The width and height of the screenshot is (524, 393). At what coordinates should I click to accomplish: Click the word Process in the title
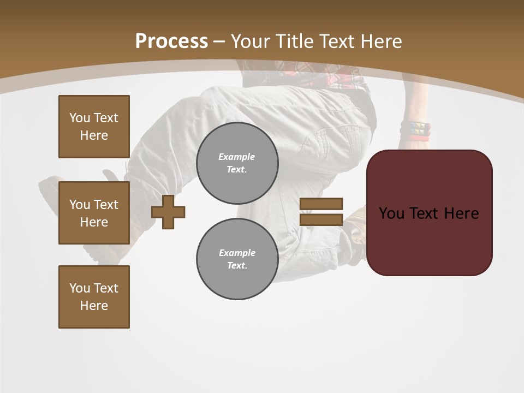[x=171, y=41]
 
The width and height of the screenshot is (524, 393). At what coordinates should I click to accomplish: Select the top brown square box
[x=94, y=127]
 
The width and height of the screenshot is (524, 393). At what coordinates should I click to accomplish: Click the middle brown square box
[x=94, y=213]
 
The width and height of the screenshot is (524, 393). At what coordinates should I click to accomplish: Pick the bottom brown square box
[x=94, y=297]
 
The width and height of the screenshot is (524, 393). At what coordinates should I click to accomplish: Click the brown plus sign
[x=168, y=212]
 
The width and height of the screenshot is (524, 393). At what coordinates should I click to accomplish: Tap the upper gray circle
[x=237, y=163]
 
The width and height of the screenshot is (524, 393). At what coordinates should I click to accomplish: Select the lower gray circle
[x=237, y=259]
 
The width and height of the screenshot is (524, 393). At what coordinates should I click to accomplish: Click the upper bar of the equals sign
[x=321, y=204]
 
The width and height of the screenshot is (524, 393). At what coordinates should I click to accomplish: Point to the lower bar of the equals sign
[x=321, y=220]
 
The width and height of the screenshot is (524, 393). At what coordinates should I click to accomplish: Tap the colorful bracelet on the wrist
[x=415, y=130]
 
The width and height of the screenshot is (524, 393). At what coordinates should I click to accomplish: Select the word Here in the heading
[x=380, y=41]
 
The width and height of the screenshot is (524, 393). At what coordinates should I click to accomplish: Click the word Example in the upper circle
[x=236, y=157]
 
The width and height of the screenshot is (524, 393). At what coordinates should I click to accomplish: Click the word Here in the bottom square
[x=94, y=306]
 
